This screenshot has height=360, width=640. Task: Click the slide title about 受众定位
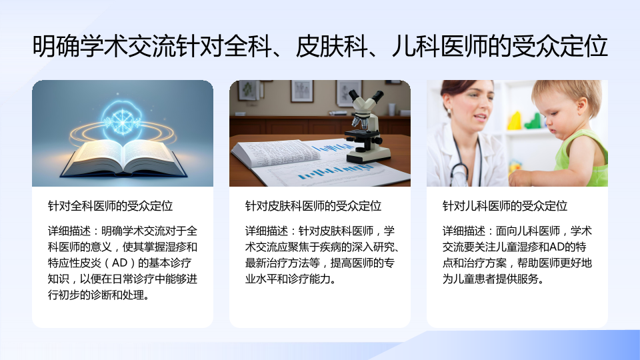320,46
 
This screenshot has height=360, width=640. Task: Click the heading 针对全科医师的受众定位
110,206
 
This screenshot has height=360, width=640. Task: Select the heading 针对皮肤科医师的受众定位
313,206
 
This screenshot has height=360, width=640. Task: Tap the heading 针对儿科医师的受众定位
505,206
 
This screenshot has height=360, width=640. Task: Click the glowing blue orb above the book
121,121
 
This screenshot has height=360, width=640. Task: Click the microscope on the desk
366,126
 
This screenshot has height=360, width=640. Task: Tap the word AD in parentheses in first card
119,263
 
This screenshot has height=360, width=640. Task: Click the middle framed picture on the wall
301,90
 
